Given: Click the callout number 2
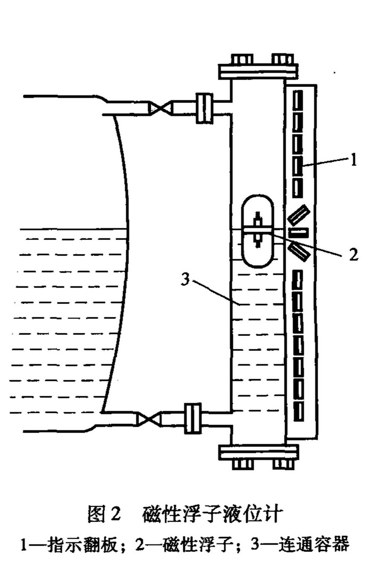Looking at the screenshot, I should click(352, 255).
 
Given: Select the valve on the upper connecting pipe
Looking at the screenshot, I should click(160, 108).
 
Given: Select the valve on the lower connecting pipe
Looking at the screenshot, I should click(147, 418).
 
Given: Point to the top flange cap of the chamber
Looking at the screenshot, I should click(258, 70).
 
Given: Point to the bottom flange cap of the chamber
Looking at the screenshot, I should click(258, 455).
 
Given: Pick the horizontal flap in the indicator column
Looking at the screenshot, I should click(299, 233).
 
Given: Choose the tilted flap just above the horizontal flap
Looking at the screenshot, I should click(298, 215).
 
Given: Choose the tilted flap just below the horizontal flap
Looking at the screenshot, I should click(299, 251).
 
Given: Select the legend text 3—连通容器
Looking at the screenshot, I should click(299, 545).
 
